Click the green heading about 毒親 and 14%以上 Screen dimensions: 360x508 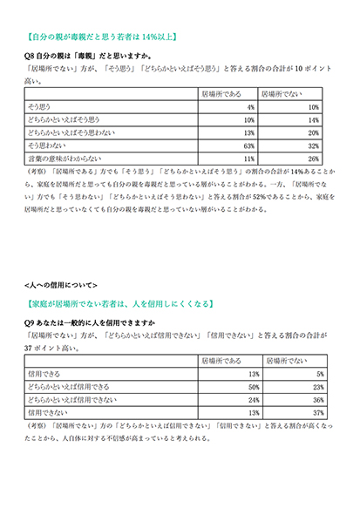tap(104, 37)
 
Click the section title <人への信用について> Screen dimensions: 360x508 tap(62, 285)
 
